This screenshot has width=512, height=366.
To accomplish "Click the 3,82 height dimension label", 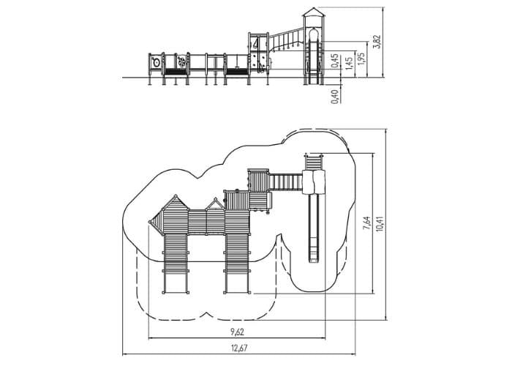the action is [378, 42].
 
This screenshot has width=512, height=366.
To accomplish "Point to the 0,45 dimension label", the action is [335, 61].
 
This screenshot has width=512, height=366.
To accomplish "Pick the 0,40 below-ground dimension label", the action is [335, 97].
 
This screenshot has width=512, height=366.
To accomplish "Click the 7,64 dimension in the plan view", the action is [367, 223].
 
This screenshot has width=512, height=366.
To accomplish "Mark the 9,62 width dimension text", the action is [238, 332].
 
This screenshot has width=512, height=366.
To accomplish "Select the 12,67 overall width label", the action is [239, 348].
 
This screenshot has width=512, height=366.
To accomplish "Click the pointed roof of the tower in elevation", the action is [314, 12].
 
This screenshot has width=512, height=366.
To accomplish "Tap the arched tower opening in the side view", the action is [314, 35].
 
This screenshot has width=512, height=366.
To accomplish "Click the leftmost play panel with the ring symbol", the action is [156, 61].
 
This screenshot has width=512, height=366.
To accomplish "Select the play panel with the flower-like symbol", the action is [181, 61].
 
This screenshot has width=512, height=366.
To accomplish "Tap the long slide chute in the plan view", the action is [314, 228].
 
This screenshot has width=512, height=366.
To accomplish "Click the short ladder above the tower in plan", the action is [314, 162].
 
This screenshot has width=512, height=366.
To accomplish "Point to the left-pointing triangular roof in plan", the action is [156, 223].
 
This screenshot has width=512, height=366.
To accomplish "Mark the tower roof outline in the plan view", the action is [314, 182].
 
